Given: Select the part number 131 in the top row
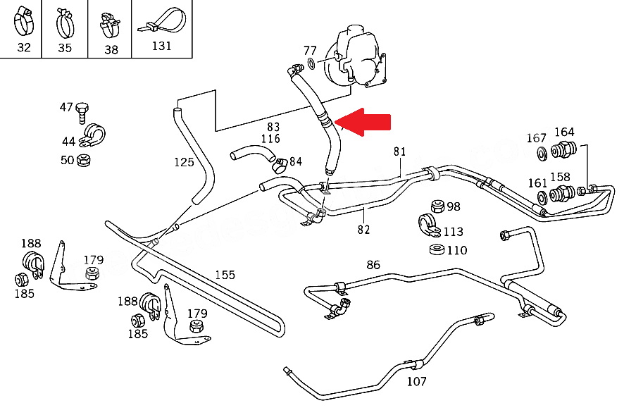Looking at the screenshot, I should (162, 47).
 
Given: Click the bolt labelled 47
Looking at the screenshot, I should (83, 109).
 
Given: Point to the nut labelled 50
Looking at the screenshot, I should (83, 160).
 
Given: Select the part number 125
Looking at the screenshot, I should (184, 162).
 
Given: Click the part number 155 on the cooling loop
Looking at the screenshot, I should (225, 275).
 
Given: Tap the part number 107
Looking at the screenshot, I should (417, 383).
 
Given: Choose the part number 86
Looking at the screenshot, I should (373, 265).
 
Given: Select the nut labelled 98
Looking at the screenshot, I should (437, 206).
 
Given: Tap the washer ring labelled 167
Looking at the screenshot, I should (541, 154).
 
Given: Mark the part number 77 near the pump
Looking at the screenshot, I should (310, 51).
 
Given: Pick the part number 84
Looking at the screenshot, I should (296, 162).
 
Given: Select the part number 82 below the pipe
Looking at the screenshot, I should (363, 229).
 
